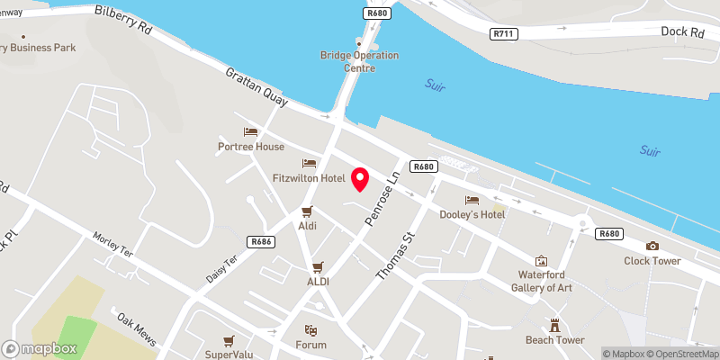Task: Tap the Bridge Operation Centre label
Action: [359, 60]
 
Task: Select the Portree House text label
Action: [251, 147]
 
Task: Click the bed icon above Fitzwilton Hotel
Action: [309, 164]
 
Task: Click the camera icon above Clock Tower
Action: [652, 246]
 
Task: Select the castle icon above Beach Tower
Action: [555, 325]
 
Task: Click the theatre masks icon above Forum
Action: [310, 330]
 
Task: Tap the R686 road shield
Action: [262, 241]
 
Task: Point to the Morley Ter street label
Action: [112, 245]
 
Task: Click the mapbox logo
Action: [40, 348]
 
